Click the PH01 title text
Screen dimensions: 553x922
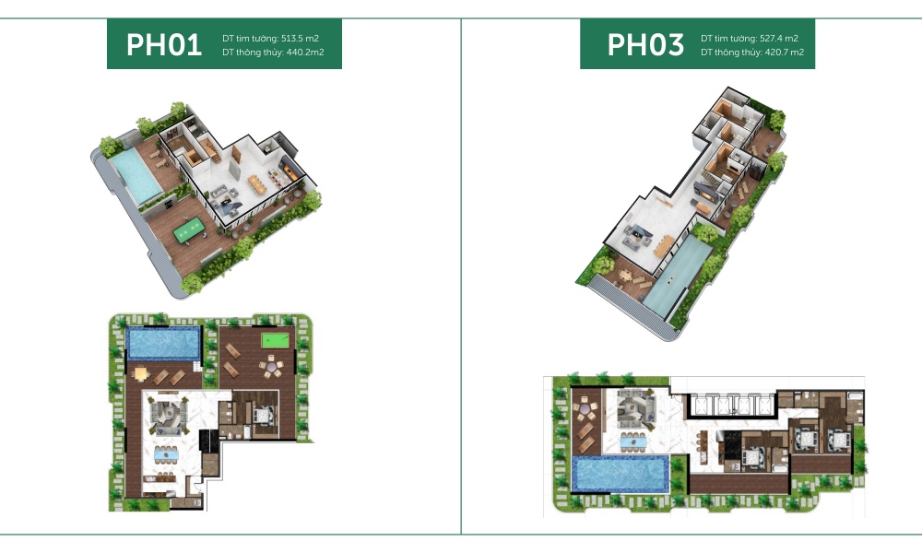click(164, 45)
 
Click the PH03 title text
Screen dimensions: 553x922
click(644, 45)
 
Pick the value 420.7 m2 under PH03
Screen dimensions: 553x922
click(777, 53)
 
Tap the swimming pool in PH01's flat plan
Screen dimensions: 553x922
click(163, 344)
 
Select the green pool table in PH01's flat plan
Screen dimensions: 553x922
click(274, 341)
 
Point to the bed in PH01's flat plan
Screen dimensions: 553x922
click(261, 415)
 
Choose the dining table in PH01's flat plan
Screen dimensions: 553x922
click(167, 453)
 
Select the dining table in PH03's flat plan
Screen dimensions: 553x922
click(632, 441)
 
